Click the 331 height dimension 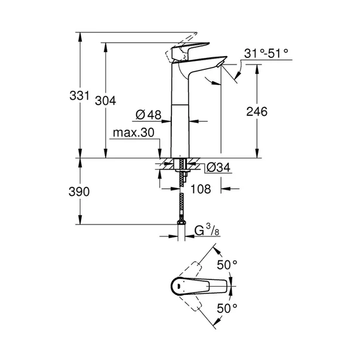(x=80, y=96)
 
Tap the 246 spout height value (x=257, y=112)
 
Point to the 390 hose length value (x=80, y=192)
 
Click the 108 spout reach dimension (x=200, y=190)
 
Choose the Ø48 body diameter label (x=149, y=114)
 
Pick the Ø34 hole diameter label (x=219, y=168)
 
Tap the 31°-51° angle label (x=266, y=54)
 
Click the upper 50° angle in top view (x=227, y=263)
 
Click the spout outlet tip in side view (x=221, y=61)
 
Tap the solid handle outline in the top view (x=197, y=286)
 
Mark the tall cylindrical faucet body (x=180, y=119)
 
